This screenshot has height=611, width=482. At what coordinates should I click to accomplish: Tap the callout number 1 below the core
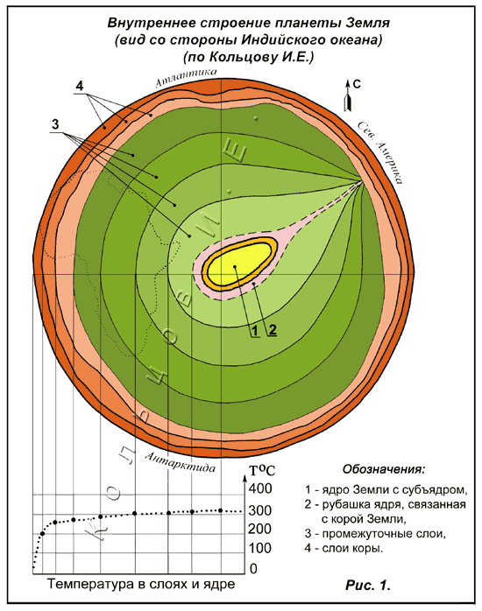[x=255, y=331]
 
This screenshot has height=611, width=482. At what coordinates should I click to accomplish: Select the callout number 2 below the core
[x=273, y=330]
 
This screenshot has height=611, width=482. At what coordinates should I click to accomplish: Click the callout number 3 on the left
[x=55, y=124]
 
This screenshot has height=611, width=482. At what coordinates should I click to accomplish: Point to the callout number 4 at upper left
[x=80, y=86]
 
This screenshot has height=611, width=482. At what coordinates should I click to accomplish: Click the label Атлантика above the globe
[x=186, y=77]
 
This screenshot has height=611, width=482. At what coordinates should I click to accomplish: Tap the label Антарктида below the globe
[x=181, y=462]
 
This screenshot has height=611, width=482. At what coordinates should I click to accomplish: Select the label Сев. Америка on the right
[x=380, y=152]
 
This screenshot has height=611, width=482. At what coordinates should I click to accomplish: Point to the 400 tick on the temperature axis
[x=259, y=488]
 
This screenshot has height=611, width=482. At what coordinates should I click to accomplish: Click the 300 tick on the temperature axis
[x=259, y=510]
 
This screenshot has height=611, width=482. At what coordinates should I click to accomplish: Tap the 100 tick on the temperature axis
[x=259, y=548]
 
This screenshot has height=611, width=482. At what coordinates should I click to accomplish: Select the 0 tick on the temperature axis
[x=253, y=568]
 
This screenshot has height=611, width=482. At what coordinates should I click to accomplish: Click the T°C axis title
[x=262, y=470]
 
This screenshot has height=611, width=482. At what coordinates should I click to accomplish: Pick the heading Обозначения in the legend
[x=384, y=469]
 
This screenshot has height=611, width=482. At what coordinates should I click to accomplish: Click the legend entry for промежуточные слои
[x=375, y=533]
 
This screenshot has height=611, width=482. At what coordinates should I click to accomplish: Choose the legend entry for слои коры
[x=344, y=548]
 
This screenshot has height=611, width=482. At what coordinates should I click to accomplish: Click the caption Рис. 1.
[x=368, y=585]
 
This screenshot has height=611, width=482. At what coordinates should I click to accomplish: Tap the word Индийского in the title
[x=279, y=40]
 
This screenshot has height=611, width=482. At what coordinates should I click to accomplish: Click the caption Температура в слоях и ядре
[x=141, y=584]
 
